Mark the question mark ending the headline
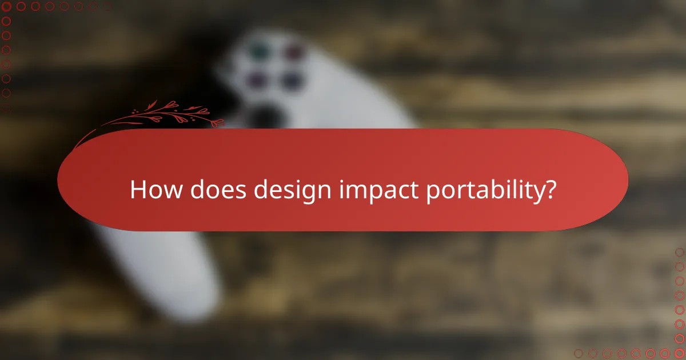point(549,190)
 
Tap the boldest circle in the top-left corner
point(7,7)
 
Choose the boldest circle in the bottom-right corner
point(679,353)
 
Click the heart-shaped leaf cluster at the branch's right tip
point(216,122)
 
